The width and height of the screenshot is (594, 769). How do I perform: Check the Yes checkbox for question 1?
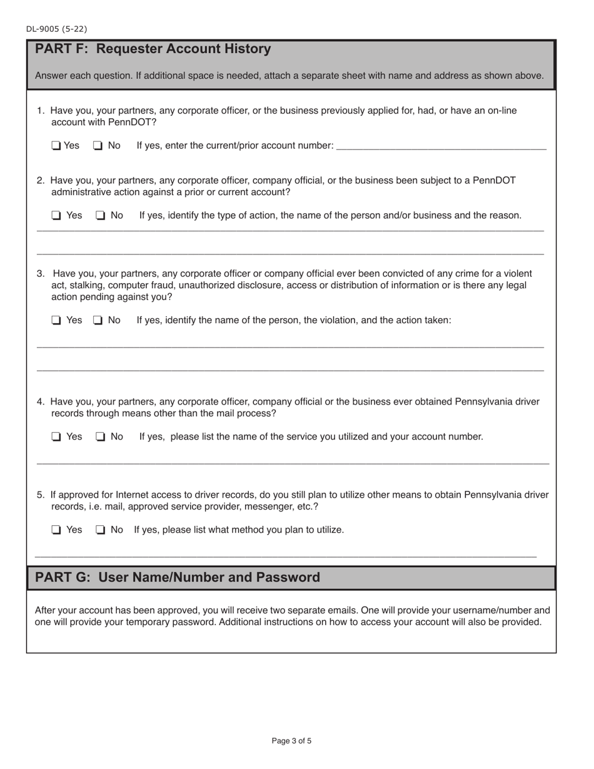point(56,146)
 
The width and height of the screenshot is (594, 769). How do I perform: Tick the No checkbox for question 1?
point(98,146)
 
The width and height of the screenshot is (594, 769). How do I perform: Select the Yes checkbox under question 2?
point(56,216)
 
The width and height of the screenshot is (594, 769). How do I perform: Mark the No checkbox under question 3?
point(98,320)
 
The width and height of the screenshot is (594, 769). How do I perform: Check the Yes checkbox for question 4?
point(56,437)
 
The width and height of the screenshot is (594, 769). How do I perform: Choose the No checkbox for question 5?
point(101,530)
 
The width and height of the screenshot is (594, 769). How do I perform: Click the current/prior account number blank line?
point(441,148)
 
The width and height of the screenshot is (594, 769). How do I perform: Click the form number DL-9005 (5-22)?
point(57,29)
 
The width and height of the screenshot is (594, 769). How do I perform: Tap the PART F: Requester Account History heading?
point(153,49)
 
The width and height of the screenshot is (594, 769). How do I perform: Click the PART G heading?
point(178,577)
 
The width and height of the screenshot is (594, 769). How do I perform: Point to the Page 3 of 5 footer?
point(291,741)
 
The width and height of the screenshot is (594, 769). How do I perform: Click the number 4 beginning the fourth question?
point(40,401)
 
